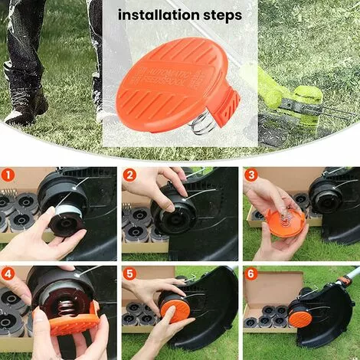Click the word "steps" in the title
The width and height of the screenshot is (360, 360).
coord(221,15)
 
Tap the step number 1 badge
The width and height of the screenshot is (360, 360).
coord(8,175)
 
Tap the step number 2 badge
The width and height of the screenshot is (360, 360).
coord(129,175)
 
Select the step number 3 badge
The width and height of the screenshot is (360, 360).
coord(250,175)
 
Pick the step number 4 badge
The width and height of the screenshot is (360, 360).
coord(8,273)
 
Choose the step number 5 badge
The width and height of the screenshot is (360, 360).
coord(129,273)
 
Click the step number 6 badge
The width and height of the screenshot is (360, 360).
coord(250,273)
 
